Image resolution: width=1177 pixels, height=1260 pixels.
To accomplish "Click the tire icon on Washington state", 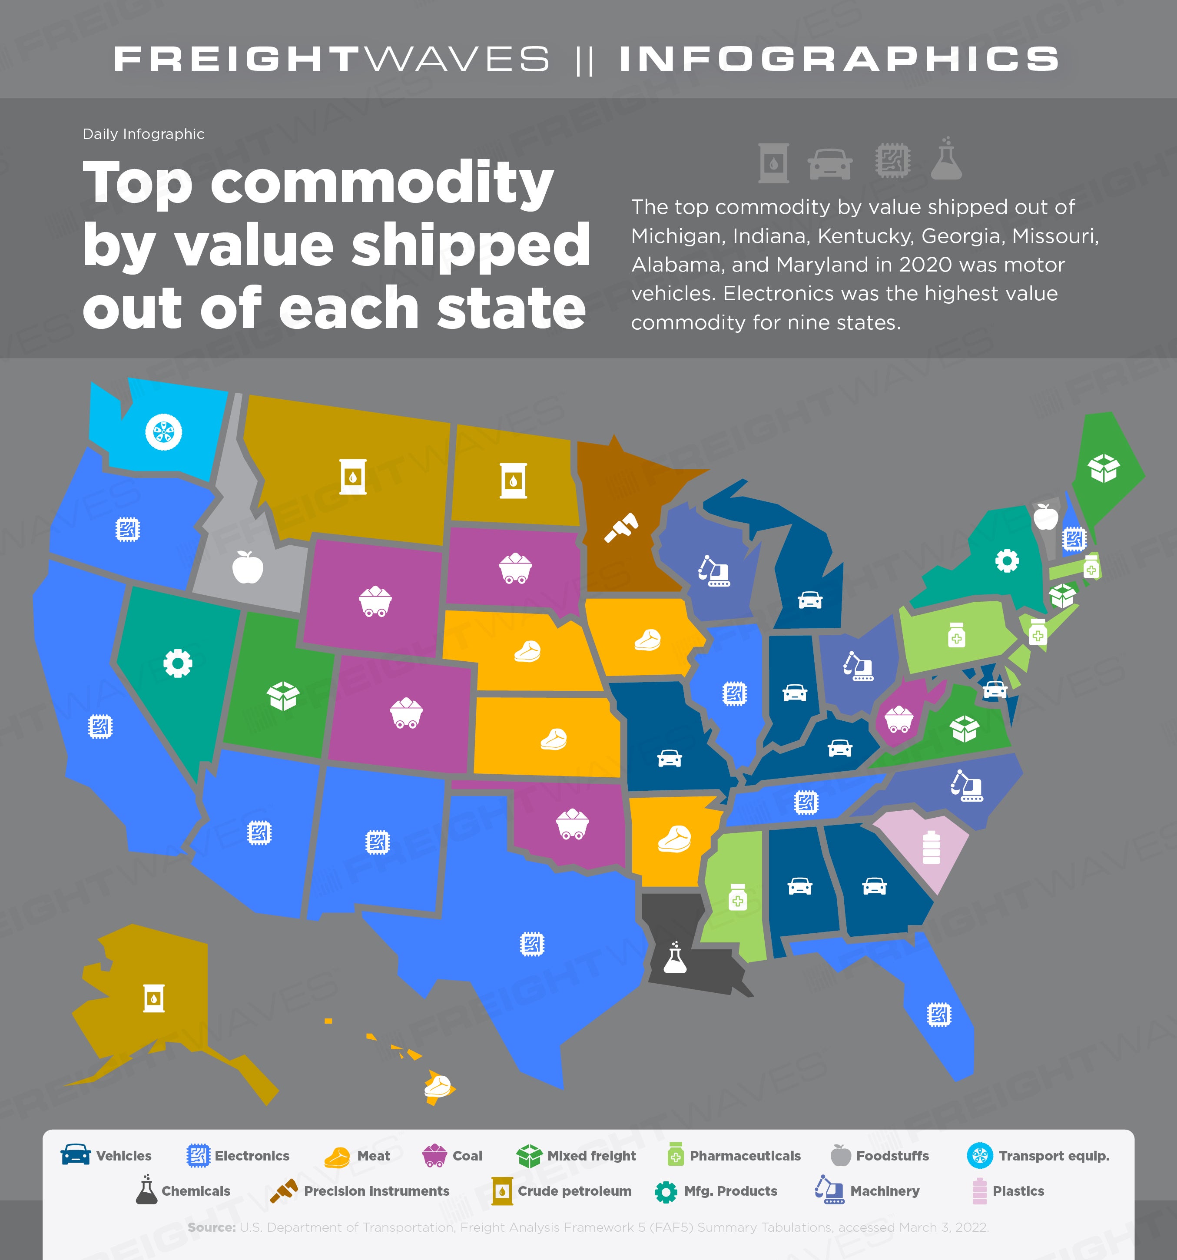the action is point(163,432).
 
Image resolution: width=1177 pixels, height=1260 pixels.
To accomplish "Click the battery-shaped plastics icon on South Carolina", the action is point(931,847).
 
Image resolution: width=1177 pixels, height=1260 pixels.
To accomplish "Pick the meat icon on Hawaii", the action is point(438,1086).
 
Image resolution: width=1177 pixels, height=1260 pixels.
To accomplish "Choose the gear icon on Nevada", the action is point(177,663).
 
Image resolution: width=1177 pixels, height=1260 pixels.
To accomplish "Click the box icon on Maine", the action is point(1104,468).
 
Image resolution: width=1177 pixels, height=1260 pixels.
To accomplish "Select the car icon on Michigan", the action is point(810,599).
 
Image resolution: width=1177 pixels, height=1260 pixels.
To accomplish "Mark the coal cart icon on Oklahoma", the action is point(572,823).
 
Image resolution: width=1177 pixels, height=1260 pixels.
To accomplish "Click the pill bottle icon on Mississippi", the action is point(737,896).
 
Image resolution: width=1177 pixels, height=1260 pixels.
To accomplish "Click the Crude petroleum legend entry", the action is point(562,1191).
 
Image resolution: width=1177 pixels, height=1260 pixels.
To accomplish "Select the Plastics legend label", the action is point(1018,1191).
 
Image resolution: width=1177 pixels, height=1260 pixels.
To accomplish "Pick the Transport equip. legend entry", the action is point(1038,1155).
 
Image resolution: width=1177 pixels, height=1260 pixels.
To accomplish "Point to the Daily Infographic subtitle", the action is point(143,134).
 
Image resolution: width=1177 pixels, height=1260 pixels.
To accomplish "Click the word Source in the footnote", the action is point(212,1227).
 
